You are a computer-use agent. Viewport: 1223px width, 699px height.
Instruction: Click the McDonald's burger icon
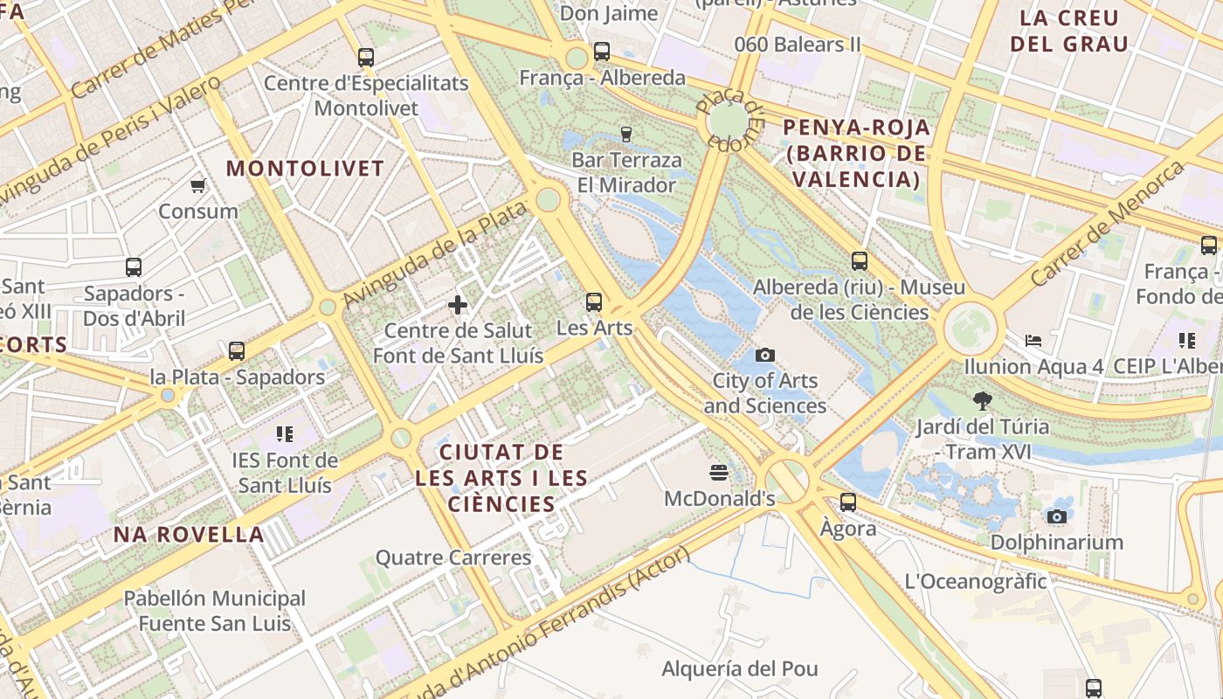coord(719,473)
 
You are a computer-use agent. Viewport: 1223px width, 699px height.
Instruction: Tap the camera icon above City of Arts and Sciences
coord(765,355)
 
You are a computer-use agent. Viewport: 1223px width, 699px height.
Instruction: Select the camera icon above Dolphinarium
coord(1057,516)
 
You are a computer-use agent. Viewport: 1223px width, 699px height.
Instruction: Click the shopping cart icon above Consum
coord(198,185)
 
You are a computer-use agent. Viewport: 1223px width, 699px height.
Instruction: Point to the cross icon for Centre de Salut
coord(458,305)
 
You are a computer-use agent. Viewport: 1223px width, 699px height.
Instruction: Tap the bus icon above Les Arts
coord(594,302)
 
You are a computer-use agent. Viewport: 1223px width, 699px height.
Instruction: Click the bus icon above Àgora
coord(848,502)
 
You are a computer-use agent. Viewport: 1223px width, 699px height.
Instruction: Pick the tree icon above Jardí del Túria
coord(983,401)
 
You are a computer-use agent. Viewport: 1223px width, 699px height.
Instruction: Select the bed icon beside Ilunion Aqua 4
coord(1033,340)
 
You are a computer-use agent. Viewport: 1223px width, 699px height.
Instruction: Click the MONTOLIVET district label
coord(306,169)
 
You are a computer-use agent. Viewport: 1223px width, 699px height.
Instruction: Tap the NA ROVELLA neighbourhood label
coord(189,535)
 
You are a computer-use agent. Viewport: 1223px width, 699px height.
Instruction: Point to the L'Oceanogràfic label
coord(975,581)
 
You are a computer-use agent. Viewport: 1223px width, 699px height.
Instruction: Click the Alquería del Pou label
coord(740,669)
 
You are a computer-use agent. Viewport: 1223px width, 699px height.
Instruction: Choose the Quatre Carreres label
coord(453,557)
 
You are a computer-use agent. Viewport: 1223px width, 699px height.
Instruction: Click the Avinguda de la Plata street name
coord(436,253)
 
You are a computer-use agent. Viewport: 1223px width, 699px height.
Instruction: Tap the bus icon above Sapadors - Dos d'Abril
coord(134,267)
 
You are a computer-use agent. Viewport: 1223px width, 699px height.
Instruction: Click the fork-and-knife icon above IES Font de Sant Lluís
coord(284,433)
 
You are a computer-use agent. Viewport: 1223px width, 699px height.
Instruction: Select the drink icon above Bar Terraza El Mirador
coord(625,134)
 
